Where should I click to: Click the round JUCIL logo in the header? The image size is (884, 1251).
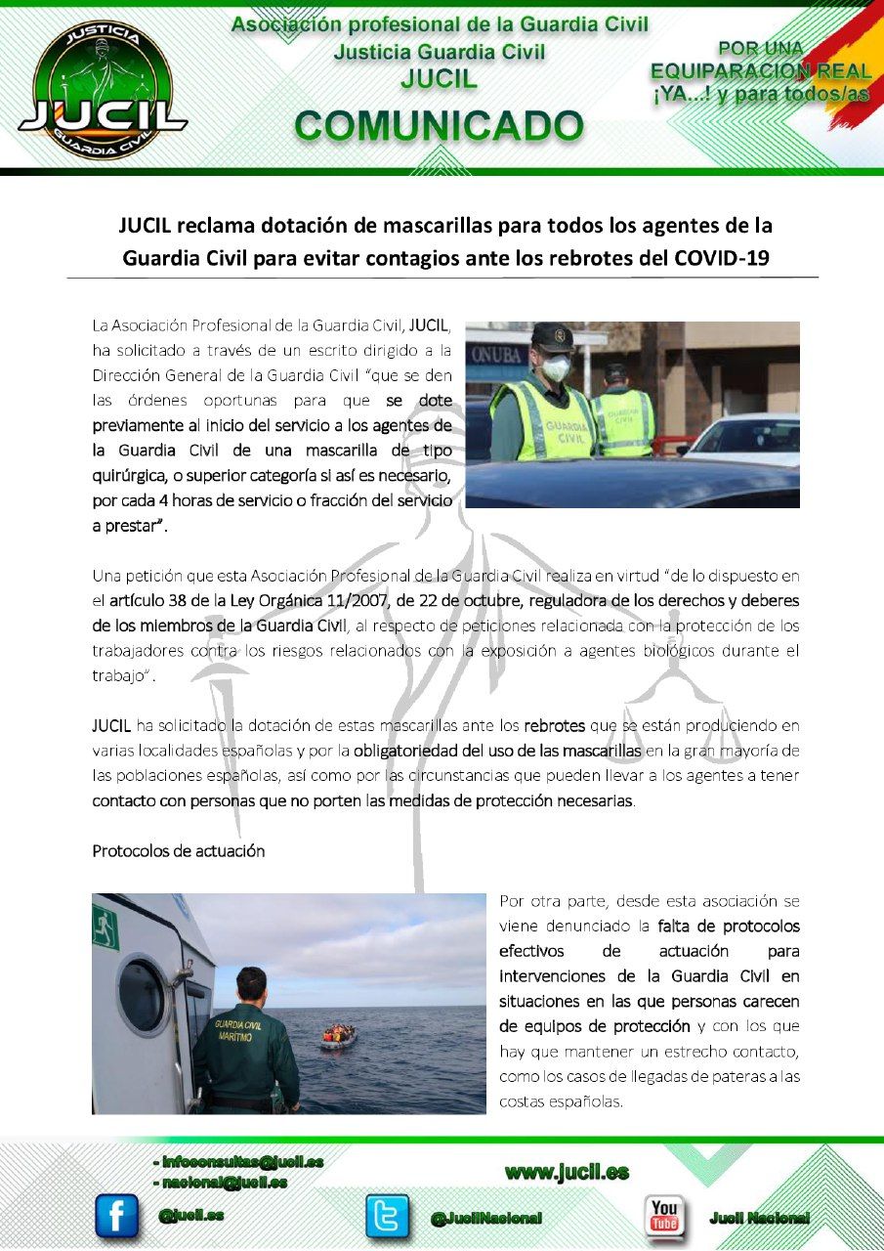pos(102,91)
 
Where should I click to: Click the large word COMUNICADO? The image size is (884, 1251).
pos(439,126)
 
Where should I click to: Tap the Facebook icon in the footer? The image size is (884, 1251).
pos(116,1216)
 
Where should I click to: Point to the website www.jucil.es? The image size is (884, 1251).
pos(567,1172)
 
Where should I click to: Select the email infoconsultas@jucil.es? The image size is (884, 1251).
pos(240,1162)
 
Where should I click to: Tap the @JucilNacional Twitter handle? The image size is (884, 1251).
pos(485,1218)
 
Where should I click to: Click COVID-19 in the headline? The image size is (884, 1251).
pos(724,258)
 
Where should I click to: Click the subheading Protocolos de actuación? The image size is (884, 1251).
pos(179,850)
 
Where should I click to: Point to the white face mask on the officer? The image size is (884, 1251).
pos(556,367)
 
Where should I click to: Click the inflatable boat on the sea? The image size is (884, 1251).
pos(338,1036)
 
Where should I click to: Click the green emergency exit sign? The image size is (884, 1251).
pos(105,926)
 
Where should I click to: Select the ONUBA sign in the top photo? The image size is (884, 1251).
pos(498,353)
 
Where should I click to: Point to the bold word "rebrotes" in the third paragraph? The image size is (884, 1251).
pos(554,726)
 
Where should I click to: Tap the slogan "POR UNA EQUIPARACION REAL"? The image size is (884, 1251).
pos(761,60)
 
